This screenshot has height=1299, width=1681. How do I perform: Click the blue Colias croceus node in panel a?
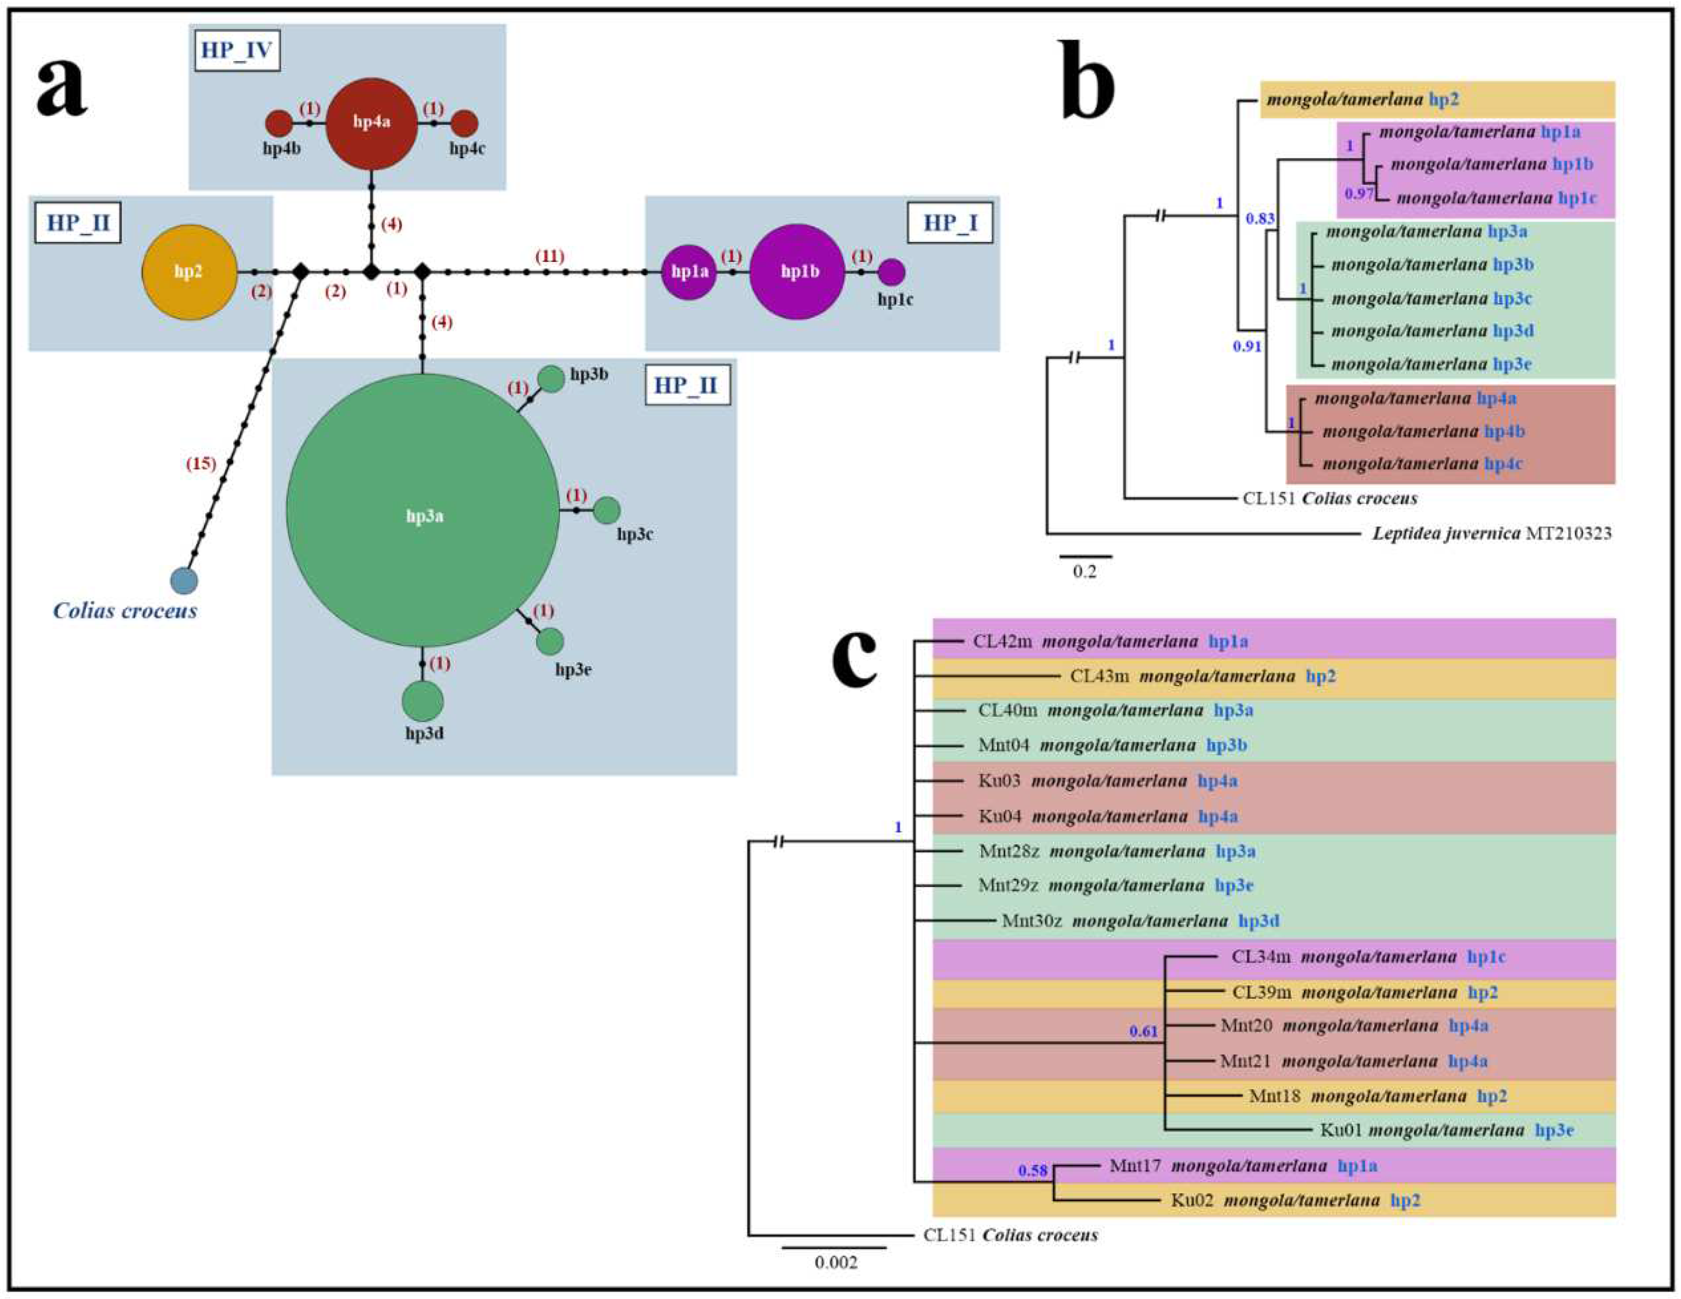click(183, 581)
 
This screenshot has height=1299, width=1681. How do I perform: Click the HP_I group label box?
click(950, 223)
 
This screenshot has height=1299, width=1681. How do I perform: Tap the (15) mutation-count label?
click(201, 464)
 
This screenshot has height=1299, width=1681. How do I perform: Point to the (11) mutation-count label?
click(550, 256)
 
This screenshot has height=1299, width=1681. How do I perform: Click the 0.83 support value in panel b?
click(1260, 219)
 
